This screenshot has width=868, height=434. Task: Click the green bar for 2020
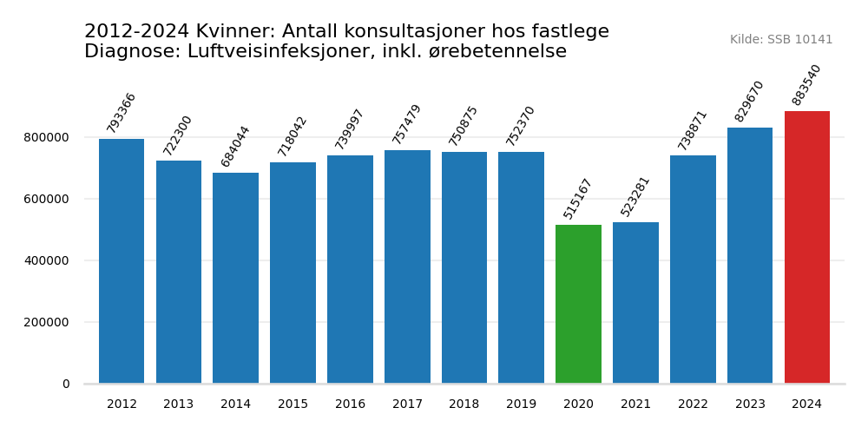(578, 304)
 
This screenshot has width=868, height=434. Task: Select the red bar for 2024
(806, 247)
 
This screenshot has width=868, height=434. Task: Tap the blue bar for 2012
(122, 260)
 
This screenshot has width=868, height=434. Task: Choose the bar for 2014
(235, 278)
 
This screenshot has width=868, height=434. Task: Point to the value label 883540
(806, 85)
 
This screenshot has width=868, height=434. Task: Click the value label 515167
(577, 199)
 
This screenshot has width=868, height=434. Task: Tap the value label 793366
(122, 113)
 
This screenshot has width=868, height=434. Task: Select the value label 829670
(749, 102)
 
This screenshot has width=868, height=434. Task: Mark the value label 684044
(235, 146)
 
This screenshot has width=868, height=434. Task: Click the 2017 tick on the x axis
(407, 404)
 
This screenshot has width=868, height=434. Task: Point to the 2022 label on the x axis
(693, 404)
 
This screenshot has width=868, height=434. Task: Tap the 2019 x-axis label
(521, 404)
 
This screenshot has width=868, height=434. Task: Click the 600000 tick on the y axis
(47, 199)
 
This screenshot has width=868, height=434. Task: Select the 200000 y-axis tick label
(47, 322)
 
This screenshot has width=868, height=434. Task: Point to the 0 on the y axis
(66, 384)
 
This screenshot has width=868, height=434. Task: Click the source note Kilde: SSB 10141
(780, 40)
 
